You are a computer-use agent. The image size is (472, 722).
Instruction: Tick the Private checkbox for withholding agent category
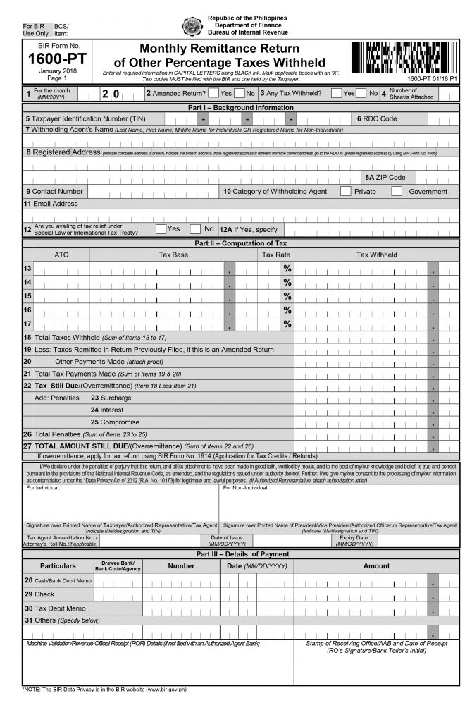point(346,191)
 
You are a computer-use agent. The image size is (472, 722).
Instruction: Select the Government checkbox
point(397,191)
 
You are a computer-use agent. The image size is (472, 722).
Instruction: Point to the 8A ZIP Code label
point(385,177)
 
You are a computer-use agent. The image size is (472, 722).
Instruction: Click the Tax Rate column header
point(276,255)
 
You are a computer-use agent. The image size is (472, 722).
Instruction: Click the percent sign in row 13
point(287,269)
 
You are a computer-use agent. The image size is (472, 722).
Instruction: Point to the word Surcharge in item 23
point(116,397)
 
